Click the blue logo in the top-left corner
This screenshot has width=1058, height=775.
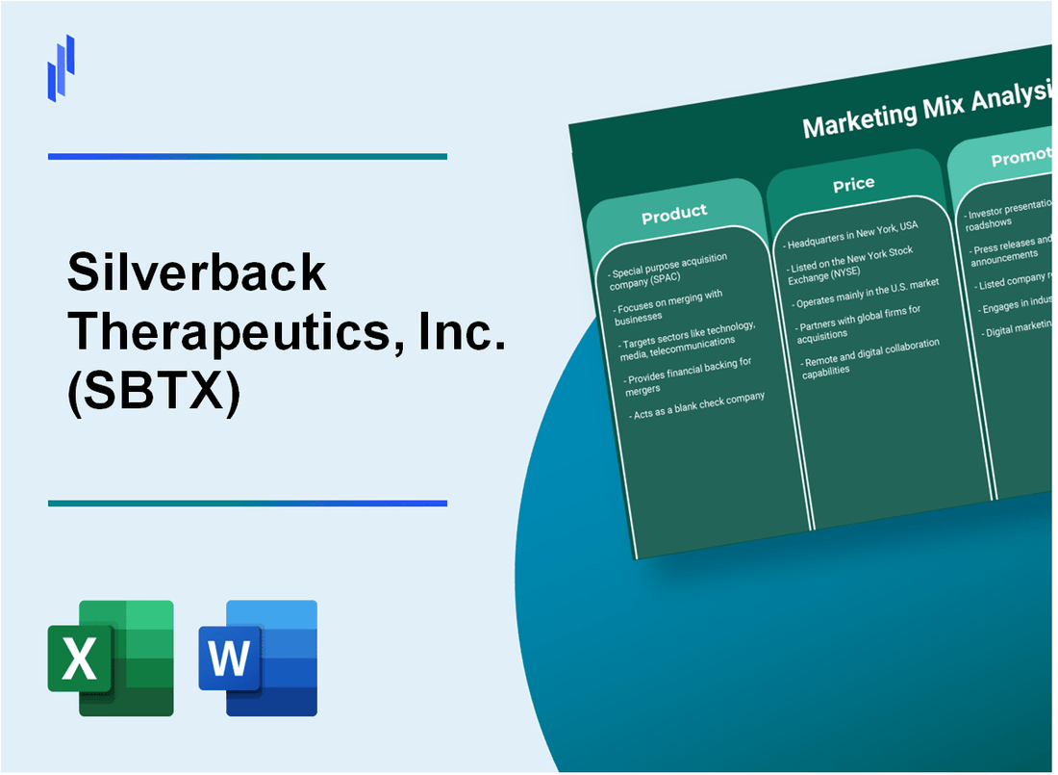(x=61, y=68)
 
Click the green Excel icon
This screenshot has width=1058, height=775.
(x=111, y=659)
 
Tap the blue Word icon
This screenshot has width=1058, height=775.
(x=258, y=659)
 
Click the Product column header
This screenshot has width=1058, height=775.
(x=674, y=213)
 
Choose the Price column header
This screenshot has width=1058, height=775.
(x=853, y=183)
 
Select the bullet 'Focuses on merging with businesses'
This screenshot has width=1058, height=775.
(x=677, y=306)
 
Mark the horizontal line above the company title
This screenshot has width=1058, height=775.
(x=247, y=156)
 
